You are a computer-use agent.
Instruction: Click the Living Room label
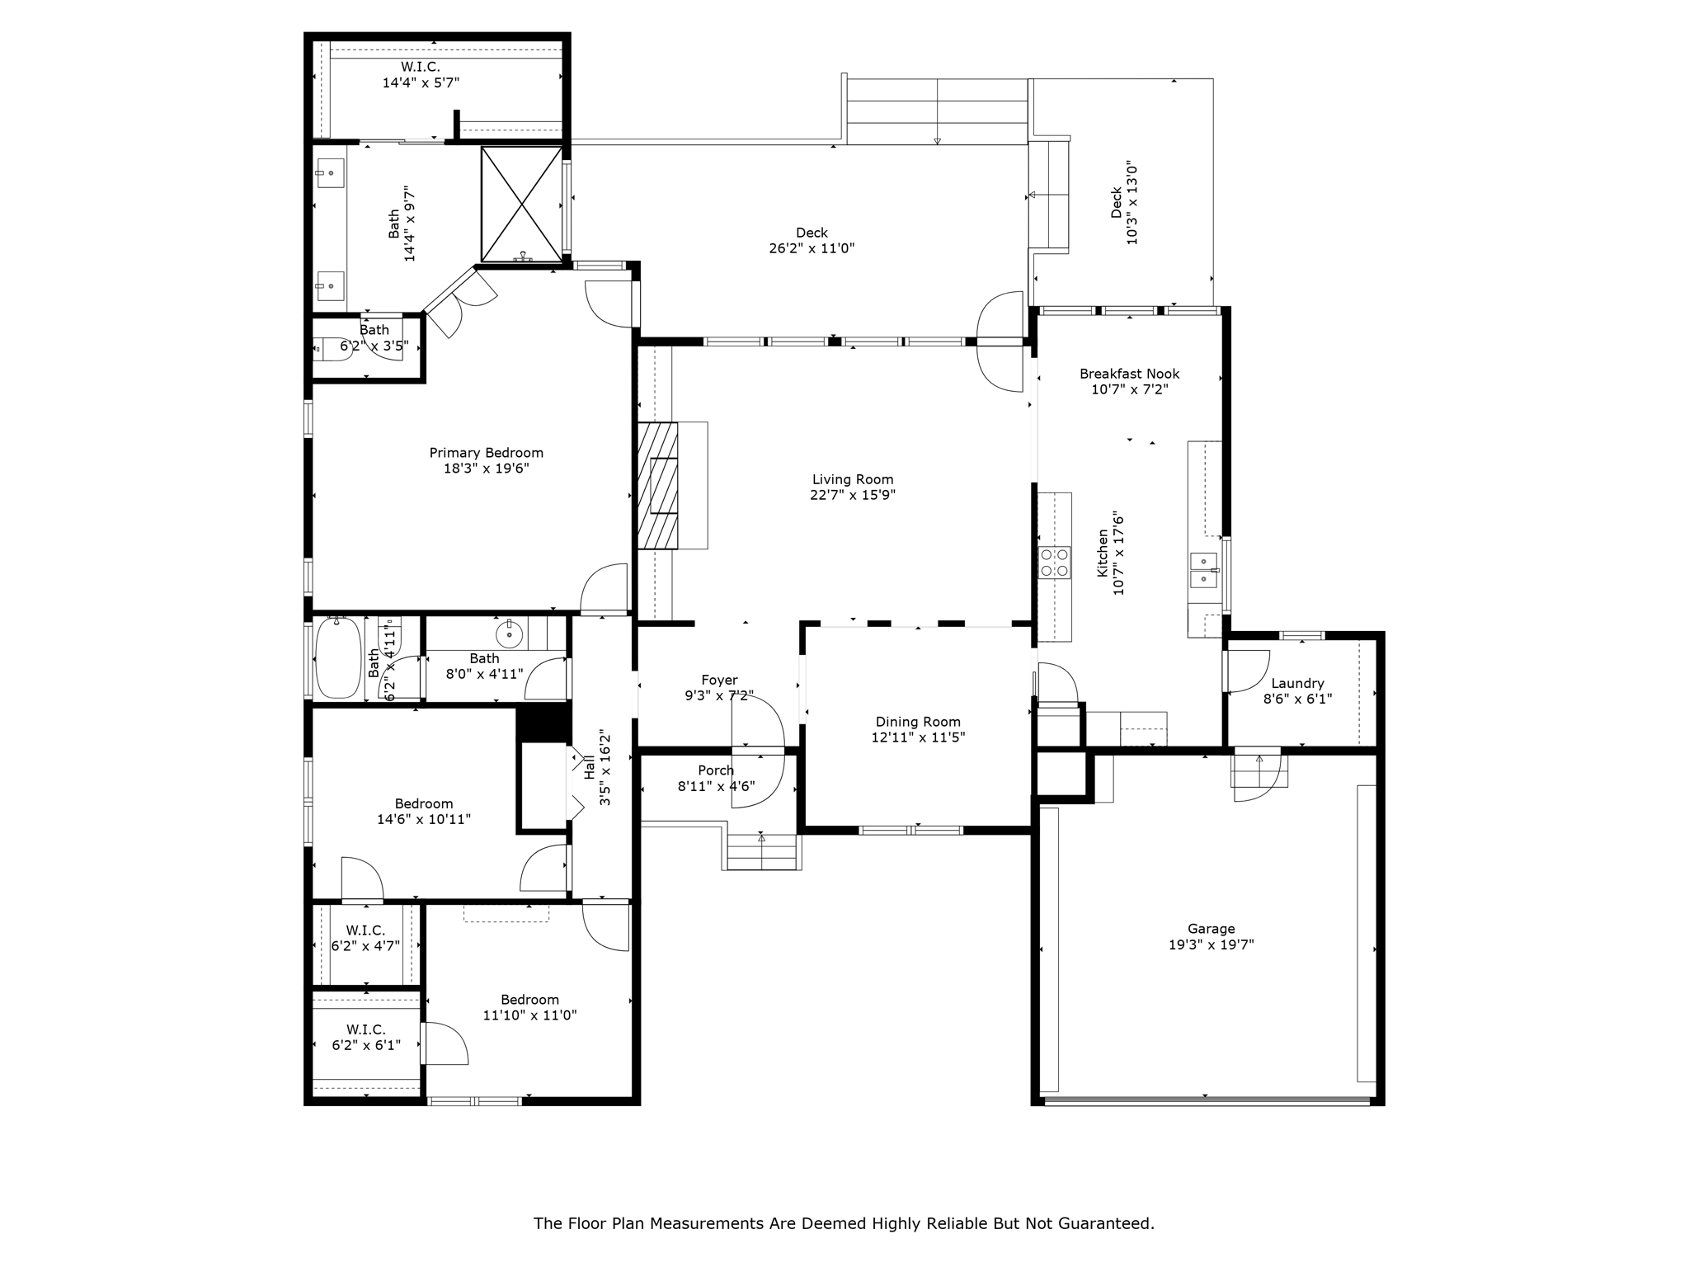coord(852,479)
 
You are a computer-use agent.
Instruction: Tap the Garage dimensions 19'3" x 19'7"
coord(1211,944)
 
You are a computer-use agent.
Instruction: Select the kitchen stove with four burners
coord(1054,563)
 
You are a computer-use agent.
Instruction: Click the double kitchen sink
coord(1203,570)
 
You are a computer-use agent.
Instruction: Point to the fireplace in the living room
coord(658,485)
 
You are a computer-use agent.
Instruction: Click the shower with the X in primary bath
coord(521,204)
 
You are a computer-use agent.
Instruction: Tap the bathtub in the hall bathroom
coord(338,657)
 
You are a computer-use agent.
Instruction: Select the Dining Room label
coord(917,722)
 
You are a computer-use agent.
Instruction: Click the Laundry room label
coord(1297,683)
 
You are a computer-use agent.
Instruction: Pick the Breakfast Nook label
coord(1129,374)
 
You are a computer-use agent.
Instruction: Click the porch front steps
coord(762,852)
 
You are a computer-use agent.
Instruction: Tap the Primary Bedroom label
coord(486,453)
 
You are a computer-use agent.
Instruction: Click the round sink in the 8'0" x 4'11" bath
coord(510,633)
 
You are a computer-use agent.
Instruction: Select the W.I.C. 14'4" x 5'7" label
coord(420,67)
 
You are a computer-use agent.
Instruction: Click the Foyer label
coord(719,680)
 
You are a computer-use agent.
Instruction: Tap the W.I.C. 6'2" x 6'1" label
coord(365,1029)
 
